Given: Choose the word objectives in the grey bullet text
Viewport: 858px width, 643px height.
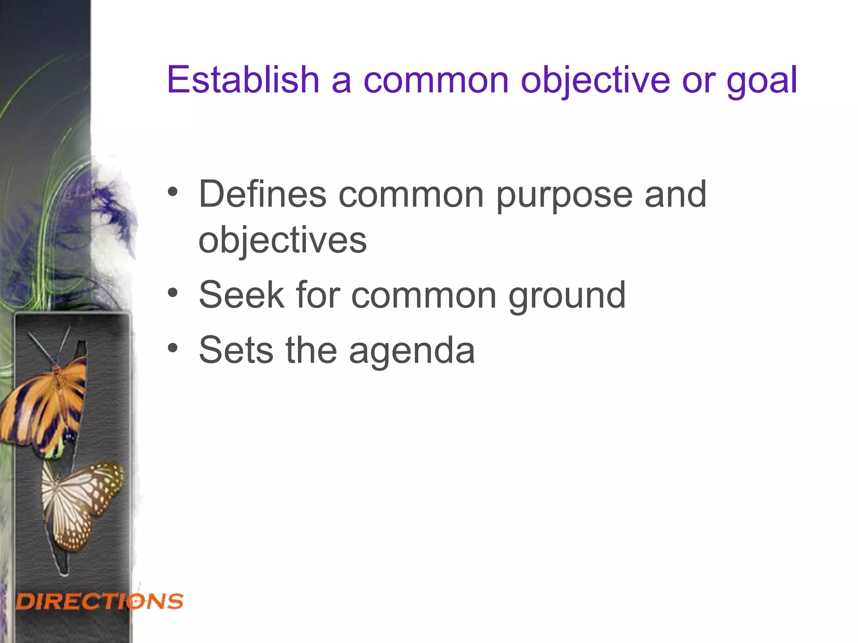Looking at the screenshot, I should click(x=282, y=242).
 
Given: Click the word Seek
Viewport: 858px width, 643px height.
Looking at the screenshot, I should click(x=241, y=295).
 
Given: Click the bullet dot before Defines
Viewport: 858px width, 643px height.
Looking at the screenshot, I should click(x=173, y=192).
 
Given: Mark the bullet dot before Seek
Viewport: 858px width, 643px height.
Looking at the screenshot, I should click(x=173, y=293).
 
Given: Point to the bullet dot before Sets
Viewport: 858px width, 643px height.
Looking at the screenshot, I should click(x=173, y=348).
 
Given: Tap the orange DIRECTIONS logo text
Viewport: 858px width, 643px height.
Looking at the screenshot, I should click(x=100, y=602).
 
